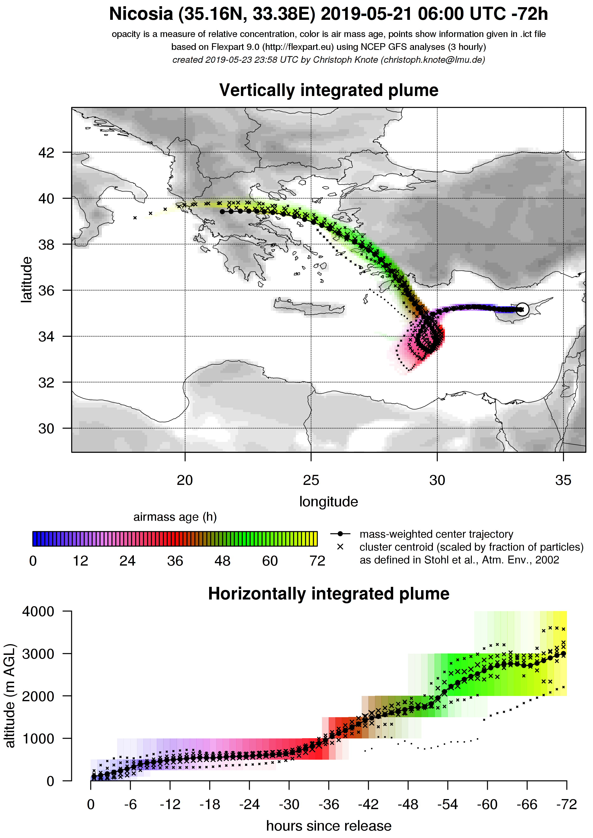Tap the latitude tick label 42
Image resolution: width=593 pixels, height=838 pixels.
click(x=46, y=153)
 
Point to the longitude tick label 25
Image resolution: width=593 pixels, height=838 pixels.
click(x=311, y=480)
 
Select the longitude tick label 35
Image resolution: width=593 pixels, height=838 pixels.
click(x=563, y=480)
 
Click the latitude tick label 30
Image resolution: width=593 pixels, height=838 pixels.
click(x=46, y=429)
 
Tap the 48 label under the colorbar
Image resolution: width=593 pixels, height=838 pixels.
click(x=223, y=561)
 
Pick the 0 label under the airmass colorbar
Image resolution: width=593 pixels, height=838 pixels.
click(x=33, y=561)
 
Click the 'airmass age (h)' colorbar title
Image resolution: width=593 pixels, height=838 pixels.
click(x=175, y=517)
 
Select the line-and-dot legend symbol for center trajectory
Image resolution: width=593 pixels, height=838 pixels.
click(x=340, y=534)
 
